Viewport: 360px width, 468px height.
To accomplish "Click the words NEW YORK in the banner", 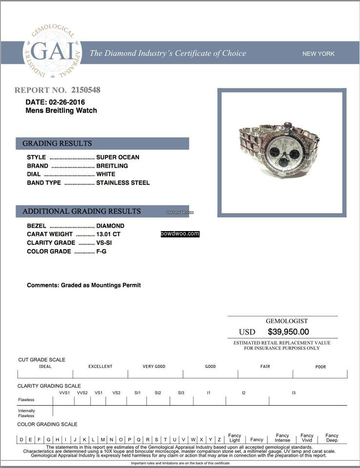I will (x=319, y=54).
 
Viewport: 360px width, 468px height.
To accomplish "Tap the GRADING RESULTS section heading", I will (x=57, y=143).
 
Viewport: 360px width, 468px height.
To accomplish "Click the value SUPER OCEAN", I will (x=118, y=157).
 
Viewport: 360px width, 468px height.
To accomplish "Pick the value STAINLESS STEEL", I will (x=123, y=183).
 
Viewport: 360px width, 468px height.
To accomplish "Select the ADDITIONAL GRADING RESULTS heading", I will (x=81, y=212).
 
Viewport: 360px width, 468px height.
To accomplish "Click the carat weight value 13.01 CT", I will (x=108, y=234).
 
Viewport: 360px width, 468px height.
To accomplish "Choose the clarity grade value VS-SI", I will (x=106, y=243).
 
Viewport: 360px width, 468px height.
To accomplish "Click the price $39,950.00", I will (x=288, y=332).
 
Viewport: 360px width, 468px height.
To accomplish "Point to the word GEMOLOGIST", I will (x=286, y=321).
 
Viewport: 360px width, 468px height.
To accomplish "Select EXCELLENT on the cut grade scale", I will (x=100, y=367).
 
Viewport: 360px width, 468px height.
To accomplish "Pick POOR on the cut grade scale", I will (x=320, y=367).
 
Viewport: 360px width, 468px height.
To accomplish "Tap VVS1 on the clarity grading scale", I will (x=64, y=392).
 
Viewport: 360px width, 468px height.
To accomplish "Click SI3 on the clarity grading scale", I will (x=181, y=392).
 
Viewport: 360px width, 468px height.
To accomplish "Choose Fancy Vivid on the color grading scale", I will (x=307, y=438).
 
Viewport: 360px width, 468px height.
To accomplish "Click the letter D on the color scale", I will (x=21, y=440).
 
